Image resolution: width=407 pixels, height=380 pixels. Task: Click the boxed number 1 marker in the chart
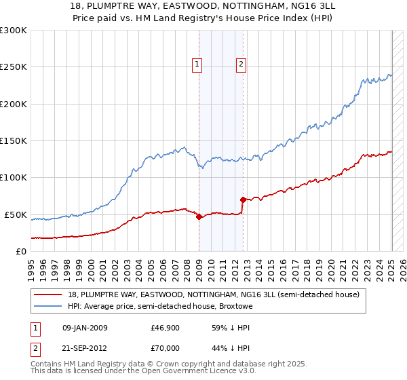pyautogui.click(x=197, y=64)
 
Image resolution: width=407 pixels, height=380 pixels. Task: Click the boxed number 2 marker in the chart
pyautogui.click(x=241, y=64)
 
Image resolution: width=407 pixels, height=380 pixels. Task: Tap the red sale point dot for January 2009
pyautogui.click(x=199, y=217)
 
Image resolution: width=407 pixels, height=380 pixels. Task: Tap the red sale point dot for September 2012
pyautogui.click(x=243, y=199)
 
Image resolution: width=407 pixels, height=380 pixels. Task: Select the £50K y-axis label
pyautogui.click(x=16, y=214)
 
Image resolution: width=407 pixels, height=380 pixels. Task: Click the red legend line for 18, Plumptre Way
pyautogui.click(x=48, y=294)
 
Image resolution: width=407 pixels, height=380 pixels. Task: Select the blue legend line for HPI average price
pyautogui.click(x=48, y=306)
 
